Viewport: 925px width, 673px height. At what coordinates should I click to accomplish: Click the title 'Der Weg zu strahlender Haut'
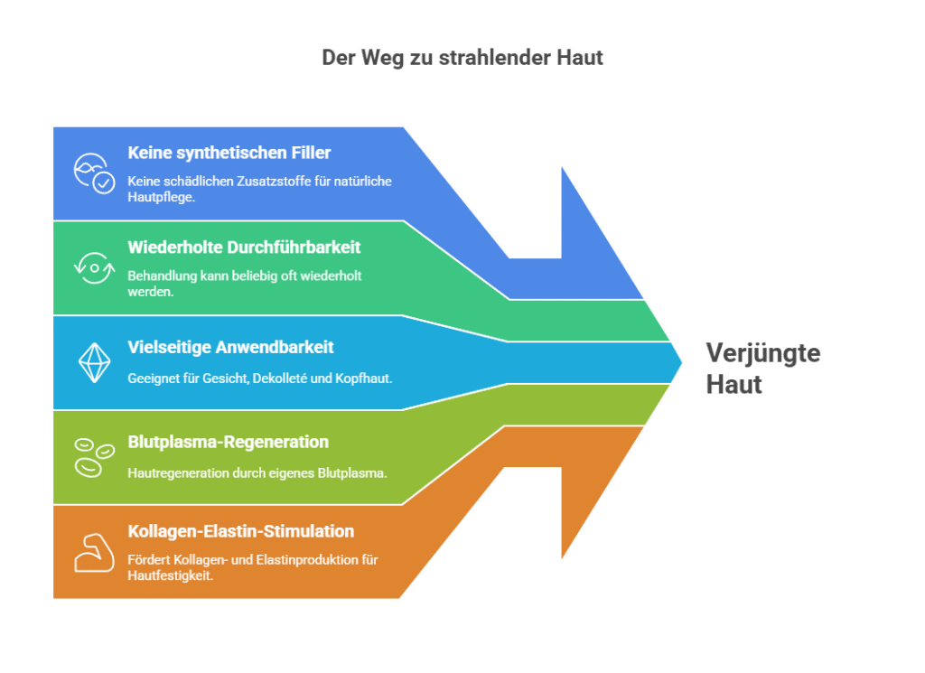(462, 58)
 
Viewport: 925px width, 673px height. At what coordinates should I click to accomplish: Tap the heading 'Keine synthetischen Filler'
(229, 153)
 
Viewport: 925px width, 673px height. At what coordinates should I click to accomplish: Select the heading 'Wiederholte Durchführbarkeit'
(244, 248)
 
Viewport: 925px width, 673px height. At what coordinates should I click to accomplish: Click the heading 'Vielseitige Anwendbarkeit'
(230, 347)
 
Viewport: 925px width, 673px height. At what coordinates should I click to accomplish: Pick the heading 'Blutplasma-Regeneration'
(228, 442)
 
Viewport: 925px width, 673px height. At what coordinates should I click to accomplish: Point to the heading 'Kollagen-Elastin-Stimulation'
(240, 531)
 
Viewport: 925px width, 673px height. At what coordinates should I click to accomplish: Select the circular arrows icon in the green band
(93, 267)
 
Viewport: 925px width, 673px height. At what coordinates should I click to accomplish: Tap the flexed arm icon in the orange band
(93, 551)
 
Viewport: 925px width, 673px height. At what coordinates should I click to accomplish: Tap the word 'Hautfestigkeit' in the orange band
(169, 575)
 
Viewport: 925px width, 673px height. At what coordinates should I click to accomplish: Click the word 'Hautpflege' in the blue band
(161, 196)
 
